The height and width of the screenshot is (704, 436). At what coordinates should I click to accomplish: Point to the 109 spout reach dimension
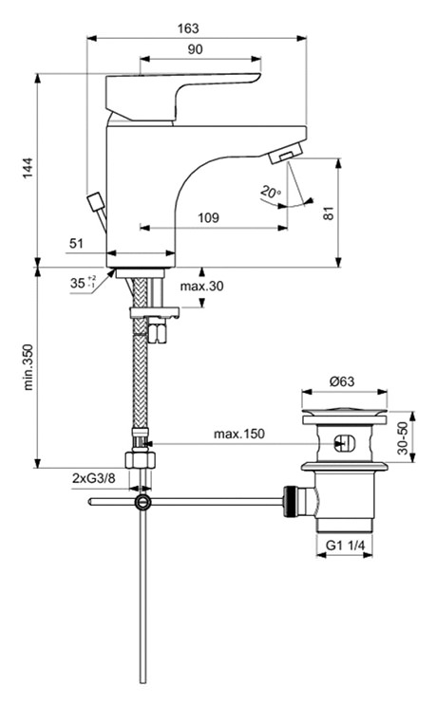point(209,217)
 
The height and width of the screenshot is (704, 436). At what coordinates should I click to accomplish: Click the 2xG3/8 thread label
point(93,479)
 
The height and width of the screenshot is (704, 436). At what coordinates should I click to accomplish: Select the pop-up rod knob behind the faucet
point(95,202)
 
